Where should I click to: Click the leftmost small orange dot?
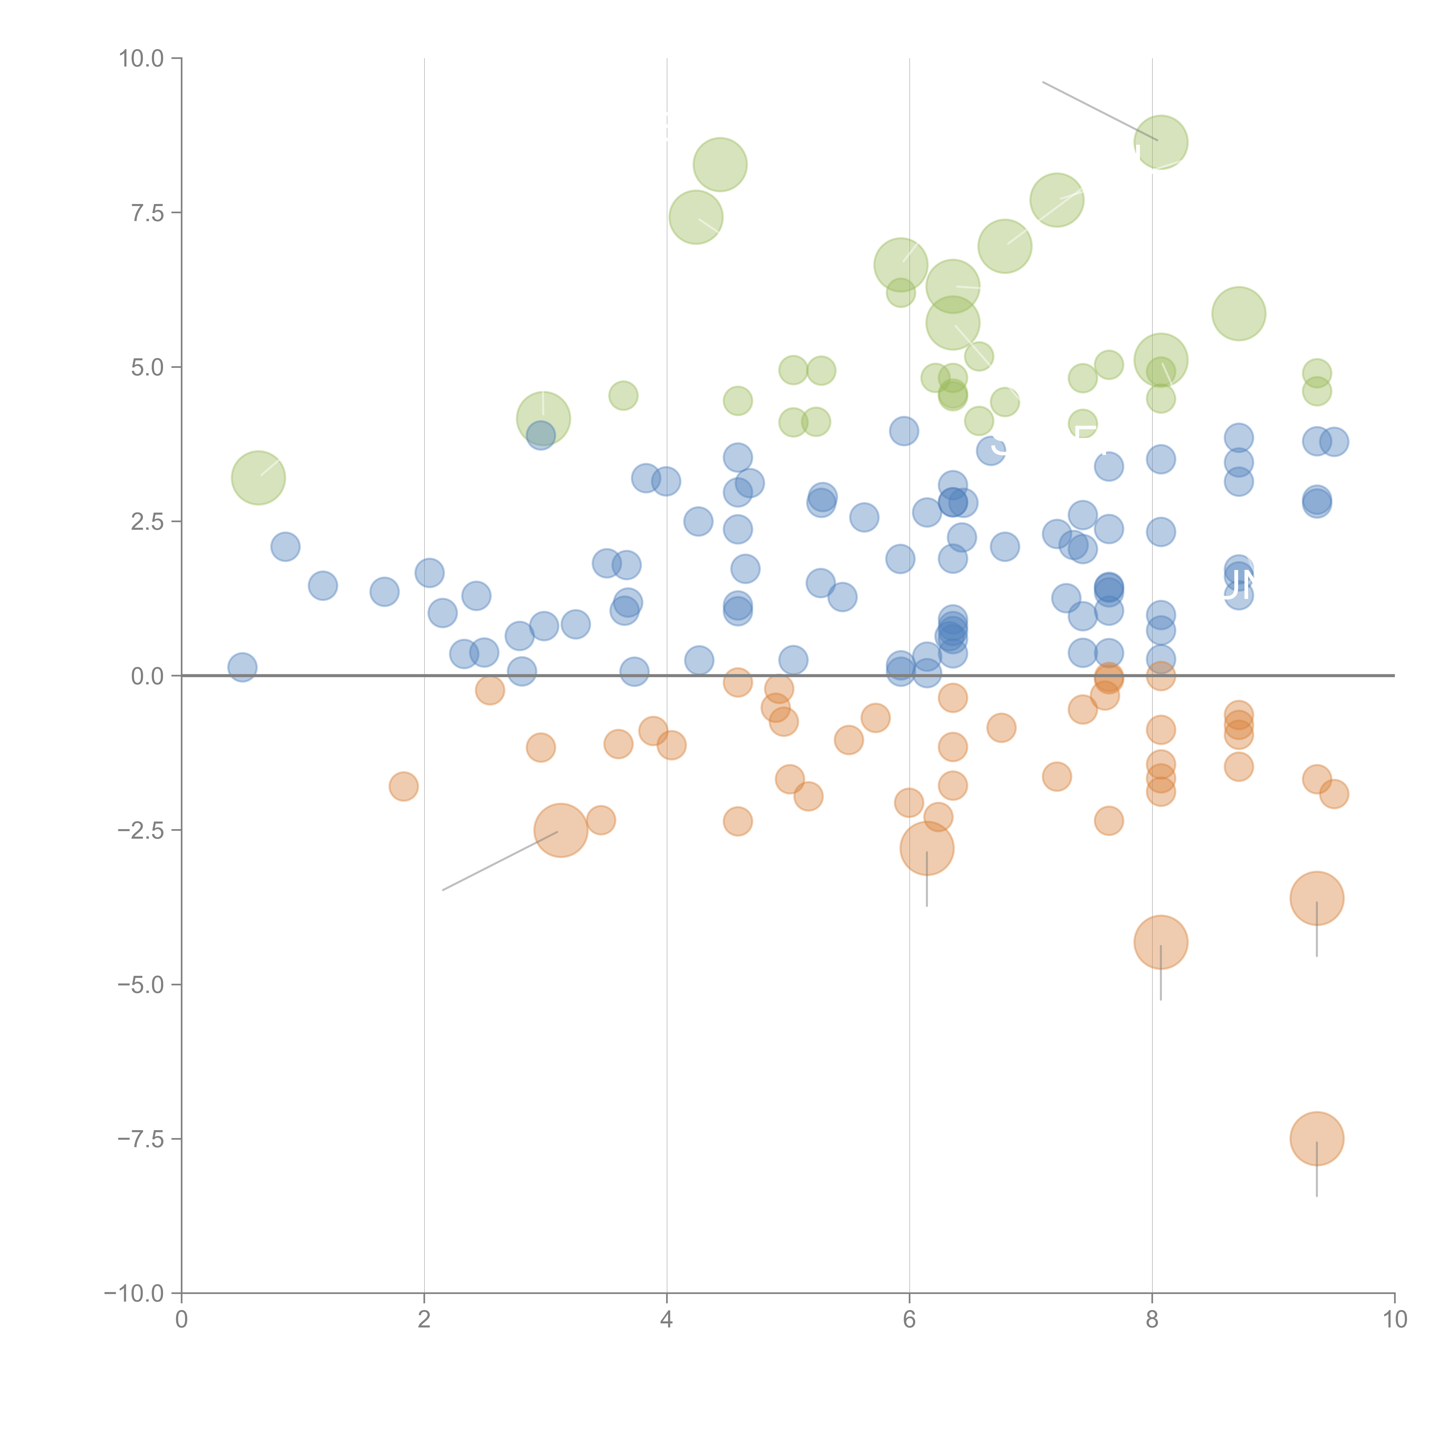click(x=404, y=787)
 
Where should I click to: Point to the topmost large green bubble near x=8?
click(x=1160, y=142)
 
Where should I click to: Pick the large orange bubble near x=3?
click(x=560, y=830)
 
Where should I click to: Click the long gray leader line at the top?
click(x=1098, y=110)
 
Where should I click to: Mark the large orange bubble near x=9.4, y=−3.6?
click(x=1316, y=898)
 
